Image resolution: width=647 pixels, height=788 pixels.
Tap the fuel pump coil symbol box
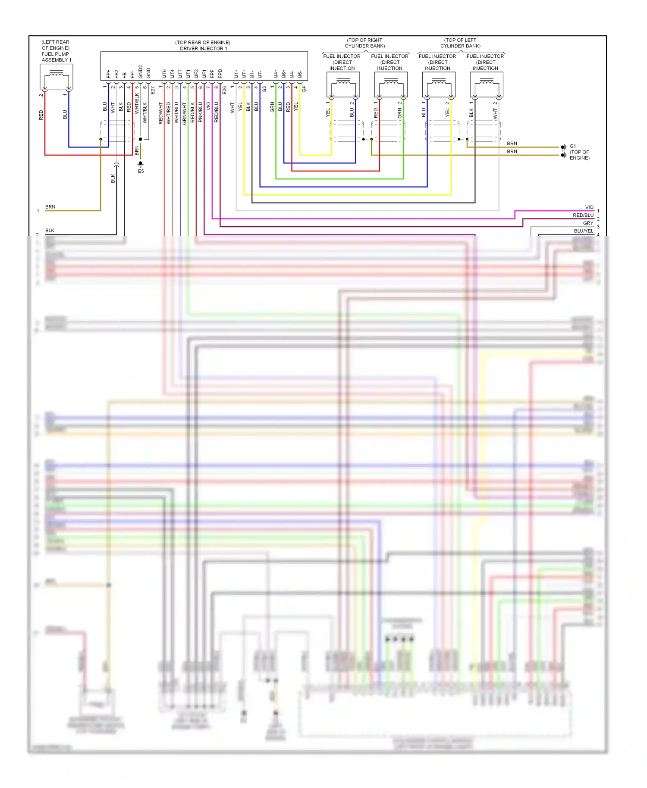click(56, 77)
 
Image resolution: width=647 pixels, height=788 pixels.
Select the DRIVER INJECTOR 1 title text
click(203, 48)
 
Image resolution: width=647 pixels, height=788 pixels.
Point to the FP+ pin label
click(108, 74)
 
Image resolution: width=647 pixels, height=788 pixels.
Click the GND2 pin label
click(140, 72)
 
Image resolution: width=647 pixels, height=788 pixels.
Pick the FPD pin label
click(220, 73)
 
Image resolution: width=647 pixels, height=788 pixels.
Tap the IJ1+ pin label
click(236, 74)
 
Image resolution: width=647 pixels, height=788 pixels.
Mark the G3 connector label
click(264, 89)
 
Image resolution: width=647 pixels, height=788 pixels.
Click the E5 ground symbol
click(141, 164)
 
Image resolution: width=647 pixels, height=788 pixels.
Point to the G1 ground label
click(572, 146)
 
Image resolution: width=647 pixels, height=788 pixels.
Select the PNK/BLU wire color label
click(200, 113)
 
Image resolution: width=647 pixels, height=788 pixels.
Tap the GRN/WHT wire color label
click(184, 113)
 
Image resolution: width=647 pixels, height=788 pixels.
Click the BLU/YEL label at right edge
click(583, 231)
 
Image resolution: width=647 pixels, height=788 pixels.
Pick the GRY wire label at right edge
click(588, 223)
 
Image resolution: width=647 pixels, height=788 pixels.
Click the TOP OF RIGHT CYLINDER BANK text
click(365, 43)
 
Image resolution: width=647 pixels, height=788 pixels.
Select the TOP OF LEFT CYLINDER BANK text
click(460, 43)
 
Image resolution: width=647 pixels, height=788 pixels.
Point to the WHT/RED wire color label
click(169, 113)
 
